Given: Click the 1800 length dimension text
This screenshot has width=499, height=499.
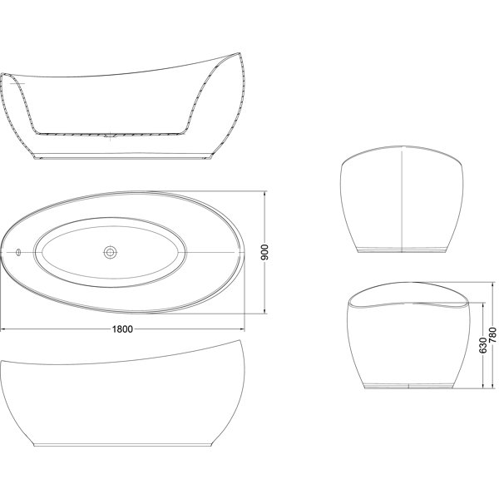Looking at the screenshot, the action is click(x=122, y=329).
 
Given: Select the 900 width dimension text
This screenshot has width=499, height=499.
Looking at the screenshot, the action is click(x=264, y=252).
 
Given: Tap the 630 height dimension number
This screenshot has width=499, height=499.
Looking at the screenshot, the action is click(x=482, y=345).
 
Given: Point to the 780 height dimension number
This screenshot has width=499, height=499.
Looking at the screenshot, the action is click(x=492, y=335).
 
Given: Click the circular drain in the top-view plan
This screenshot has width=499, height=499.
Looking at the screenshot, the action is click(x=111, y=252).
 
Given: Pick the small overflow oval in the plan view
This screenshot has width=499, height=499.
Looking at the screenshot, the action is click(x=18, y=252).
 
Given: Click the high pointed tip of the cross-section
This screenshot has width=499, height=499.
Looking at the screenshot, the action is click(x=238, y=53).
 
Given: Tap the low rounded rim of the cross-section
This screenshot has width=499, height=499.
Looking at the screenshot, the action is click(x=4, y=75).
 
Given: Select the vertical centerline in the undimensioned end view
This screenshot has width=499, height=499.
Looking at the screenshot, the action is click(x=403, y=201).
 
